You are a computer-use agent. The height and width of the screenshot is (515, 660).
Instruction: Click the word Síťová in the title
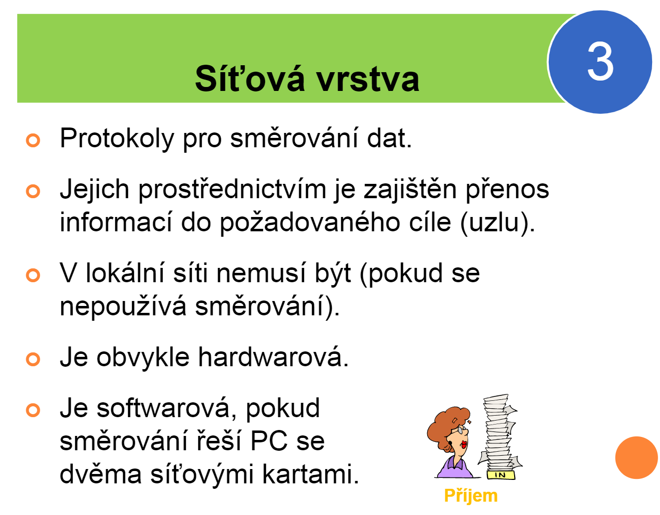point(249,79)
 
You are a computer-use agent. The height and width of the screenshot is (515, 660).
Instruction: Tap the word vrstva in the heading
point(367,80)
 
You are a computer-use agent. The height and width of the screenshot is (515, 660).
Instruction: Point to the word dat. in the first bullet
point(389,138)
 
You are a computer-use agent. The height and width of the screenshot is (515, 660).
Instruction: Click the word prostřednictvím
point(232,190)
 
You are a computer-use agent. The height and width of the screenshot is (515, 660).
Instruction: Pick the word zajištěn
point(410,190)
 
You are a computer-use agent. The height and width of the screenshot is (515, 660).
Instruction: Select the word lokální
point(126,273)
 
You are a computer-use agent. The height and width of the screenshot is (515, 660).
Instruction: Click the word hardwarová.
point(273,357)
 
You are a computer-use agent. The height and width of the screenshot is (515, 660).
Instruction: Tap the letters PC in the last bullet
point(269,441)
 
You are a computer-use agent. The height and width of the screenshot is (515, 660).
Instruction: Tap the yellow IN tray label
point(501,475)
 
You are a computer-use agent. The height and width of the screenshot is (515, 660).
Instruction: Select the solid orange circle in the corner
point(636,458)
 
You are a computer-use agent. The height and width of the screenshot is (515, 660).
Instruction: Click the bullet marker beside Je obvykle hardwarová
point(33,359)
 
